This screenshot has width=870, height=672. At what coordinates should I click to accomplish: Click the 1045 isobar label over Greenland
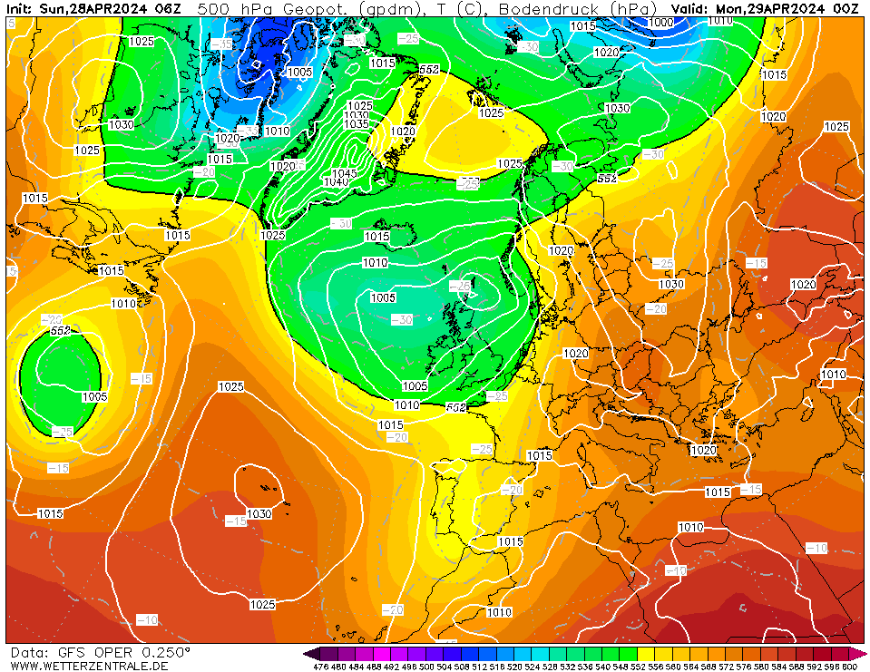(344, 173)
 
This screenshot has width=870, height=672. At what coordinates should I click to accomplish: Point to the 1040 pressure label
(337, 182)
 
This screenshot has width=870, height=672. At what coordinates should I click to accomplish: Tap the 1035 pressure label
(357, 123)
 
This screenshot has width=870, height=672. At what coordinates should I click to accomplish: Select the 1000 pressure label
(661, 22)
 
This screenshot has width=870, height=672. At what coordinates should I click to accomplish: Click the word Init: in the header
(20, 8)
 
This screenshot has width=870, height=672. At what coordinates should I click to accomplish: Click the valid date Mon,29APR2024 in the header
(769, 8)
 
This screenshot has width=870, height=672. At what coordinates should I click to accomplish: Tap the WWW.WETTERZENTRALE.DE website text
(89, 666)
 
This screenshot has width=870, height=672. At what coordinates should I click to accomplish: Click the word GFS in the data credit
(69, 652)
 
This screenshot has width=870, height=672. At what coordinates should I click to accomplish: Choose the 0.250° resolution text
(165, 652)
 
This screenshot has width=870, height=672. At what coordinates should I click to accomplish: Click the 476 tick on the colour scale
(320, 667)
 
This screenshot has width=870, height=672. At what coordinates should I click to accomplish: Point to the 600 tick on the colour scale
(849, 667)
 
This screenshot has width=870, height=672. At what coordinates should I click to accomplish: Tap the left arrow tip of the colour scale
(307, 653)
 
